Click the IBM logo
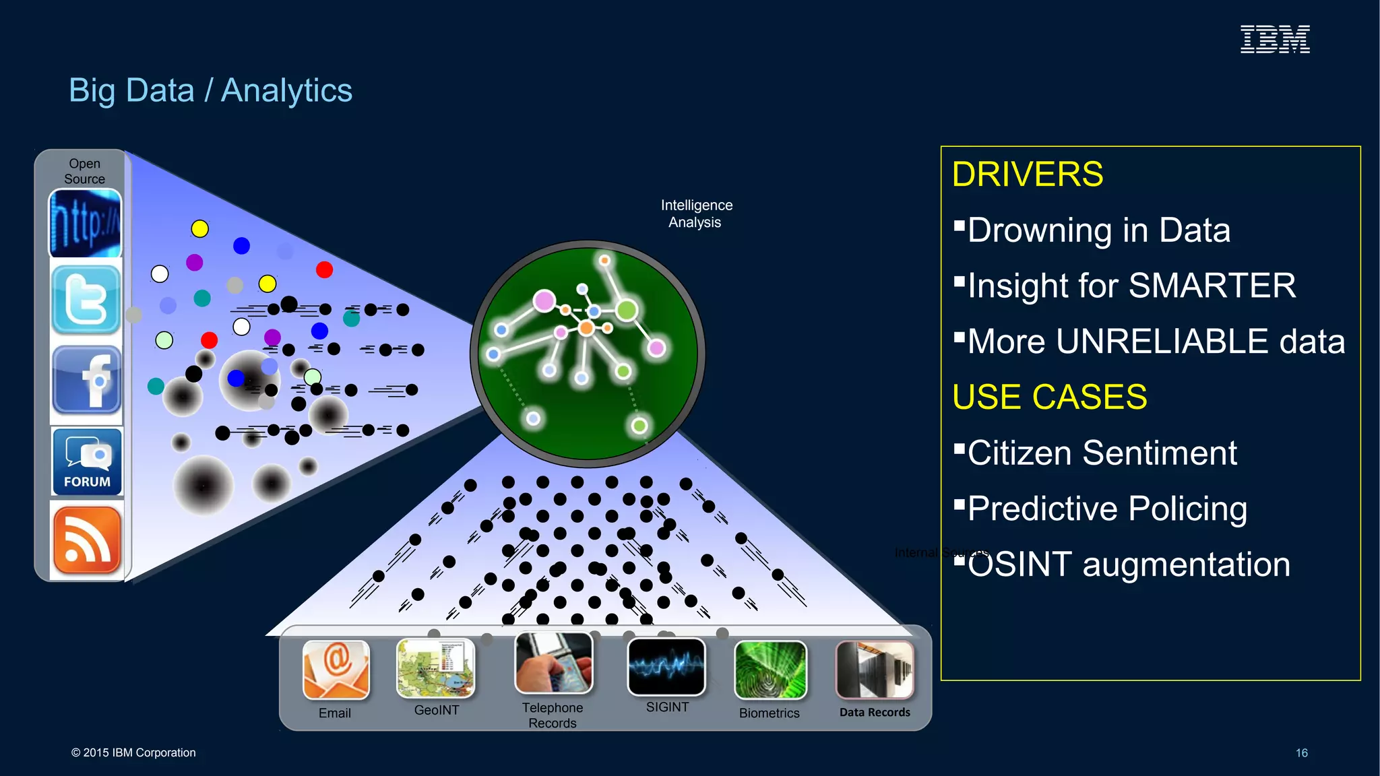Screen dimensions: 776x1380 pos(1275,39)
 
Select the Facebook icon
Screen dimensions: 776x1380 pos(86,381)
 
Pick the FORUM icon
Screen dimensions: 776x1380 pos(87,462)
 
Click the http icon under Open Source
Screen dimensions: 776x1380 pos(85,223)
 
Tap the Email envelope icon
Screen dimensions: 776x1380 pos(336,670)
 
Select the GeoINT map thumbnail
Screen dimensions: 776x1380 pos(435,668)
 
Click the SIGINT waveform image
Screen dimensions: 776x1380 pos(666,666)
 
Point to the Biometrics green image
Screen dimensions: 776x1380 pos(770,670)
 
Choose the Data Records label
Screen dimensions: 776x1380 pos(874,712)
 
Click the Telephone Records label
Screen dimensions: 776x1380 pos(552,715)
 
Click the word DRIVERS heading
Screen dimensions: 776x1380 pos(1027,174)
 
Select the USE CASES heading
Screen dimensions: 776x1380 pos(1049,397)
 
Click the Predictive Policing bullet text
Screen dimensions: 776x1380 pos(1107,509)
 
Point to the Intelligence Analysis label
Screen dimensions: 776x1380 pos(696,214)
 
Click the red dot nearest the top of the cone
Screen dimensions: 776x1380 pos(324,269)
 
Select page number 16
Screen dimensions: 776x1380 pos(1301,752)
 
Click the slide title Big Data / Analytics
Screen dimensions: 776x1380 pos(210,90)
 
